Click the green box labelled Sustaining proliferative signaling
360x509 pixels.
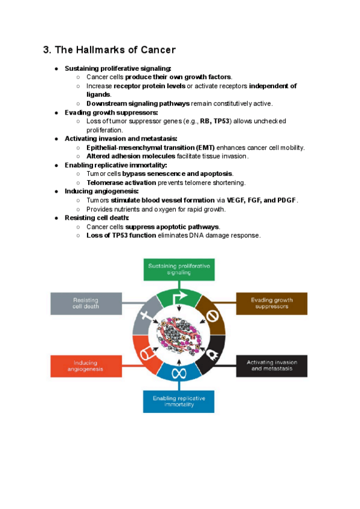click(x=179, y=269)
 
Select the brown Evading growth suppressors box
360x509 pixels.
click(x=271, y=303)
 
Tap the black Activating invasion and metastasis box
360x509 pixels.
click(x=271, y=366)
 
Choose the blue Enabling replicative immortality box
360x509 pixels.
click(x=179, y=401)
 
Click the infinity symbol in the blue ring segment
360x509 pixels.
click(x=178, y=373)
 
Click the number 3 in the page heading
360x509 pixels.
click(x=46, y=50)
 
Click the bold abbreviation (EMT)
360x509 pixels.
click(x=203, y=147)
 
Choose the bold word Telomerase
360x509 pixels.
click(x=104, y=182)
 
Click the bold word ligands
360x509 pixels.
click(x=98, y=94)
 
